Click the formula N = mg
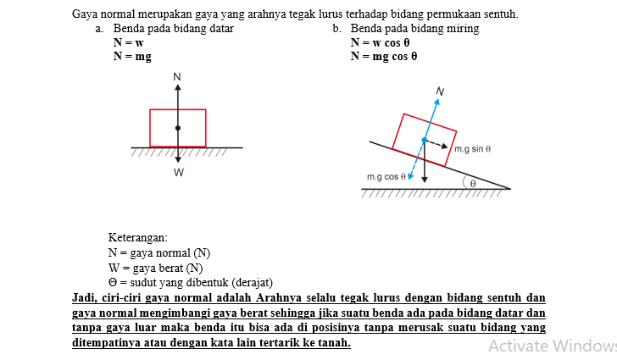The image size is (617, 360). (132, 56)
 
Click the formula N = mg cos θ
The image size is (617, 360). (383, 56)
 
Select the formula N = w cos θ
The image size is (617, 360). (380, 42)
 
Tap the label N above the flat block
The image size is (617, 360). (177, 77)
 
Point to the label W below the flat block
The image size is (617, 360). (178, 172)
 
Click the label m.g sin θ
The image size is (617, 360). (472, 149)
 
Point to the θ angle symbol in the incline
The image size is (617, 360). (473, 182)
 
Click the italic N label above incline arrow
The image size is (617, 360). (439, 91)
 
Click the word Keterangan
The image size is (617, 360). (137, 238)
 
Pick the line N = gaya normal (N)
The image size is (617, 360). (159, 253)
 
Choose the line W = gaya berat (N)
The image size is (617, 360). (155, 268)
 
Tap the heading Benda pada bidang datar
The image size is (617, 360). (173, 29)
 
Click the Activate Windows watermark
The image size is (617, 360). (552, 346)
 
